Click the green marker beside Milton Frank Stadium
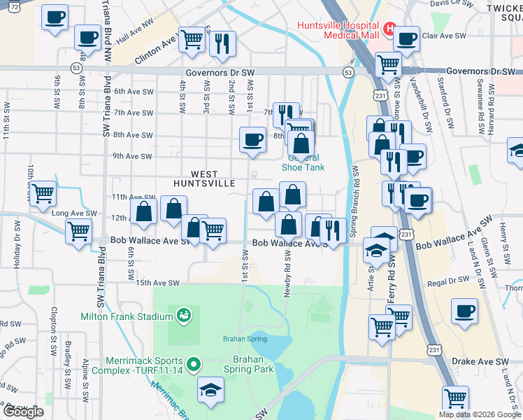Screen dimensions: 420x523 click(x=183, y=316)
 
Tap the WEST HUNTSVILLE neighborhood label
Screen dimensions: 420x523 click(x=206, y=178)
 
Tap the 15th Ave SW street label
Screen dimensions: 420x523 click(x=153, y=283)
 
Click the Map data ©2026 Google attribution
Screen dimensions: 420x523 click(x=479, y=414)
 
